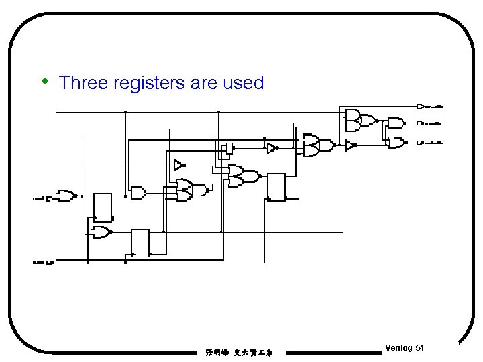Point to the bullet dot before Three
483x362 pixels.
(44, 82)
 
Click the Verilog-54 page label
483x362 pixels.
(404, 347)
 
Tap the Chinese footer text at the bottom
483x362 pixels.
(239, 351)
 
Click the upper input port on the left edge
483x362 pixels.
(49, 199)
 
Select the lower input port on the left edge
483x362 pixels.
(49, 263)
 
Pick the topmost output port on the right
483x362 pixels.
(420, 106)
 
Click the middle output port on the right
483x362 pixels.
(420, 123)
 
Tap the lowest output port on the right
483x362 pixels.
(420, 143)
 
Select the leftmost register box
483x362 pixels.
(103, 206)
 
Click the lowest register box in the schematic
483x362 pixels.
(140, 243)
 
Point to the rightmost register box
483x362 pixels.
(276, 187)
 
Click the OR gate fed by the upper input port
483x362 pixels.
(66, 196)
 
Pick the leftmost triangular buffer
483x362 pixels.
(178, 164)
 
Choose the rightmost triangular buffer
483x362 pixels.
(350, 145)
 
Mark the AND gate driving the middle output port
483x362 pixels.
(396, 123)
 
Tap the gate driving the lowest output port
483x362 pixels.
(396, 142)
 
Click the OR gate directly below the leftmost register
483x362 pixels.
(102, 232)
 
